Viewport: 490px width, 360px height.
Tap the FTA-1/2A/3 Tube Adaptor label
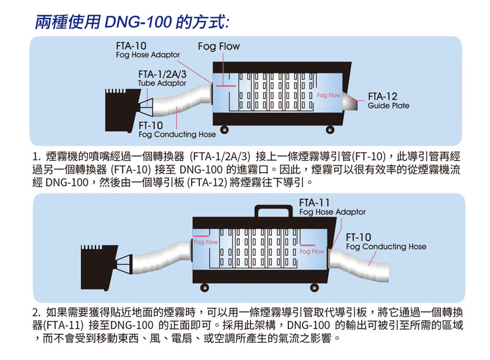(x=162, y=78)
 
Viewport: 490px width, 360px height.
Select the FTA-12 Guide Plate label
(x=388, y=101)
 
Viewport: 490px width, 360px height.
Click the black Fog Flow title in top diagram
(x=219, y=47)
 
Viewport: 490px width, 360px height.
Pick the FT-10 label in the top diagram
(x=177, y=129)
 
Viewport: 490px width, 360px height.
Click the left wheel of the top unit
(x=224, y=129)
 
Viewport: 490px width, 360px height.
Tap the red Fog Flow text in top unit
(x=328, y=96)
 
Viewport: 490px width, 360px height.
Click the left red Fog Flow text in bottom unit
(x=205, y=242)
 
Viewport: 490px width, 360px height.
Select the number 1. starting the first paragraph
(x=37, y=156)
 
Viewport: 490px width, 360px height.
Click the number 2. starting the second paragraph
(x=37, y=311)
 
